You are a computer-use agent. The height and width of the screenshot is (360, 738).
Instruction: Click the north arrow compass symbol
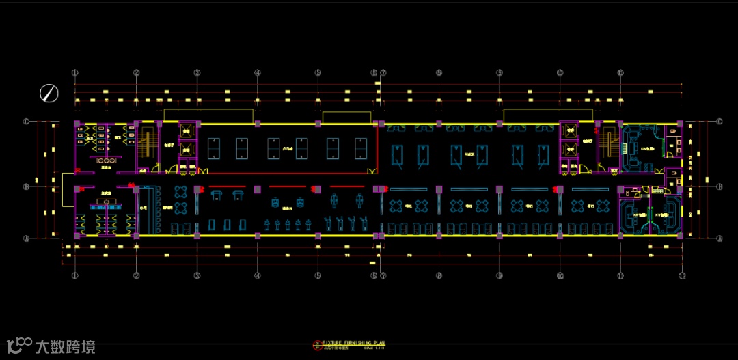coord(49,93)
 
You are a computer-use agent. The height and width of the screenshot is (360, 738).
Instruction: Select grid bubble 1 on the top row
coord(75,72)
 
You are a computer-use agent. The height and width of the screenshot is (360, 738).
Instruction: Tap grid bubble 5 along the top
coord(318,72)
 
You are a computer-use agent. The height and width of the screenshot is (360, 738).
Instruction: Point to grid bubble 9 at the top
coord(500,72)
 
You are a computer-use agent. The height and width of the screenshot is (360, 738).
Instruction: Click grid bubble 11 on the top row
coord(620,72)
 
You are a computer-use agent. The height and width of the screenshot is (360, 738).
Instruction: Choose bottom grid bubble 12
coord(681,275)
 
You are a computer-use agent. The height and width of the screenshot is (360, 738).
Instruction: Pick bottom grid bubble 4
coord(258,275)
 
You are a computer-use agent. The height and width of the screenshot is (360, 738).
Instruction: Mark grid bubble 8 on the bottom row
coord(439,275)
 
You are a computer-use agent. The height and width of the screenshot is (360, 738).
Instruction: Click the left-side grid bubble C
coord(27,122)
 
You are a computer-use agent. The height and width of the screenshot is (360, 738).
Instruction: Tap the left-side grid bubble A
coord(27,238)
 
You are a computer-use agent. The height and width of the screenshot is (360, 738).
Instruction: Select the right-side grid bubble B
coord(720,186)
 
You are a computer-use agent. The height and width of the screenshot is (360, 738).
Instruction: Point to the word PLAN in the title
coord(386,343)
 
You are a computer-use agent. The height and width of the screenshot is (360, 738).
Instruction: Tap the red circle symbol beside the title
coord(316,344)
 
